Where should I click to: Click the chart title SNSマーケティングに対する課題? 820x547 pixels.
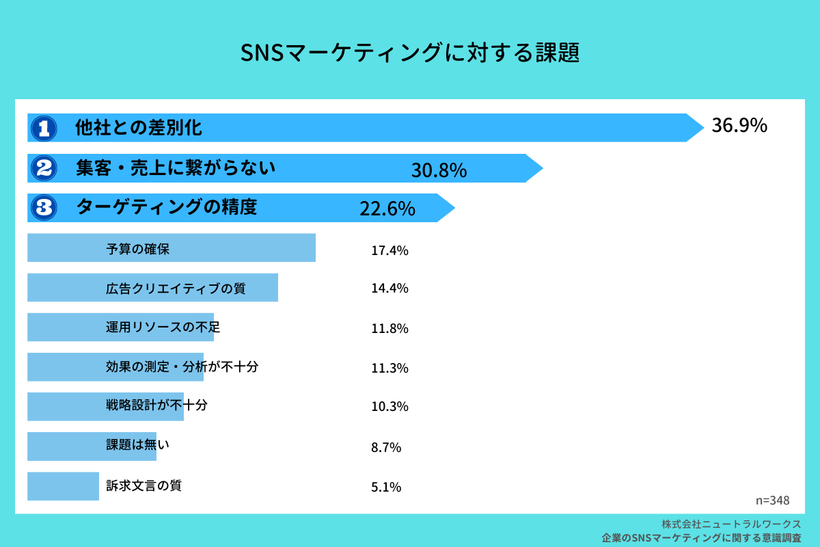click(410, 53)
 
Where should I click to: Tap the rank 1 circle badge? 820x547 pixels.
click(44, 127)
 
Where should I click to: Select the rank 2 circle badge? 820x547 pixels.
click(44, 168)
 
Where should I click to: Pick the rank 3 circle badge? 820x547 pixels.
click(44, 207)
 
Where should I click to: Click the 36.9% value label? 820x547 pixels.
click(739, 126)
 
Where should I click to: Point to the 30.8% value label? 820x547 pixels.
click(439, 170)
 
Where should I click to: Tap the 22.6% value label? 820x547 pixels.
click(387, 209)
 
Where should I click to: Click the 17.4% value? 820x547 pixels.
click(389, 251)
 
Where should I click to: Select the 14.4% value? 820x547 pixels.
click(389, 289)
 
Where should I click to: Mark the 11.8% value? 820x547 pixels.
click(389, 328)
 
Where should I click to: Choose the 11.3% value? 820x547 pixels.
click(389, 368)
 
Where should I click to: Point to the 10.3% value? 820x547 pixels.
click(389, 407)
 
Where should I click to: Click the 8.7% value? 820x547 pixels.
click(386, 448)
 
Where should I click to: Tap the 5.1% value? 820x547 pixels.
click(386, 488)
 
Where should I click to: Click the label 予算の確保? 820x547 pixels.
click(137, 249)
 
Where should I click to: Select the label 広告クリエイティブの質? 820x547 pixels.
click(176, 289)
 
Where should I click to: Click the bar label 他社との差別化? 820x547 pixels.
click(139, 127)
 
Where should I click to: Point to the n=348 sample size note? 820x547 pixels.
click(773, 500)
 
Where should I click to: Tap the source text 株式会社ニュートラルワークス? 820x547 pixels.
click(731, 524)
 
